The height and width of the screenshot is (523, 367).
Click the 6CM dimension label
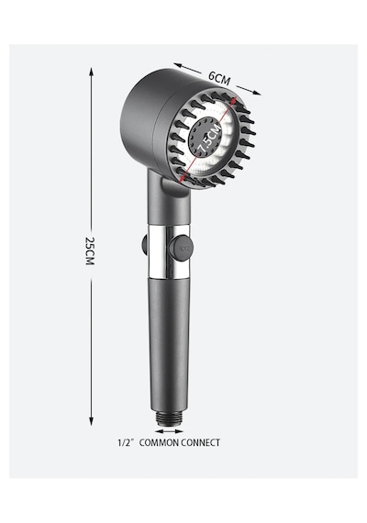click(219, 78)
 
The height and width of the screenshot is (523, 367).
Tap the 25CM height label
click(90, 250)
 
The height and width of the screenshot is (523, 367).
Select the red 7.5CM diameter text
click(209, 140)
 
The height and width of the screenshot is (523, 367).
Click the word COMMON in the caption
click(159, 442)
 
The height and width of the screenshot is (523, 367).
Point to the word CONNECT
click(201, 442)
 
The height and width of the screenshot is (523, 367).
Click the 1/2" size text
click(126, 442)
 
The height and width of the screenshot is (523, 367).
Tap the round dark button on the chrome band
click(180, 248)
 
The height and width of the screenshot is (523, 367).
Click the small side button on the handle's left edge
click(144, 244)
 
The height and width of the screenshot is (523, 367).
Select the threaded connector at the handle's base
click(170, 419)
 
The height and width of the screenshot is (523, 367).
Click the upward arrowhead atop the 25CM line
click(91, 72)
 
